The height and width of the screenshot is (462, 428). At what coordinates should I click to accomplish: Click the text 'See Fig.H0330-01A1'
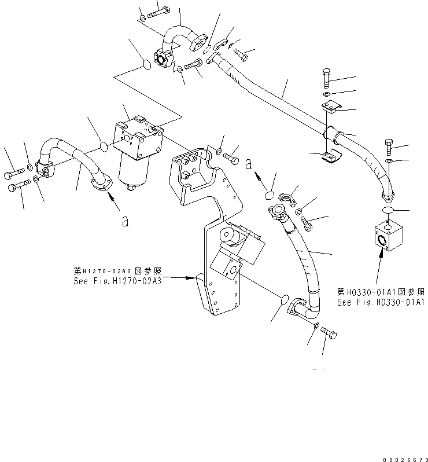point(382,302)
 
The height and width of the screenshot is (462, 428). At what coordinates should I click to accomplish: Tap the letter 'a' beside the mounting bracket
point(249,164)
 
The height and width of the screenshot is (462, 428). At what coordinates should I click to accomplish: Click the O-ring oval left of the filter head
point(104,146)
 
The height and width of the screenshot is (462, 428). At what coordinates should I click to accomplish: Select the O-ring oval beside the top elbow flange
point(147,64)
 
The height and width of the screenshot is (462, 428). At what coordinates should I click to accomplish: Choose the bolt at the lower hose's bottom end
point(330,334)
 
